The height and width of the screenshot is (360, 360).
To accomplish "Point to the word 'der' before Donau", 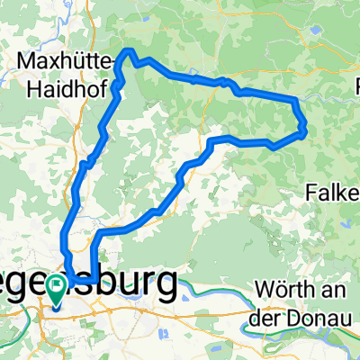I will point(266,316).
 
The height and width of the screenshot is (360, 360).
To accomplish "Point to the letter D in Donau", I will point(290,316).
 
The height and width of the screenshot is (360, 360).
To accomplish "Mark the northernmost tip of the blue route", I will point(129,50).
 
